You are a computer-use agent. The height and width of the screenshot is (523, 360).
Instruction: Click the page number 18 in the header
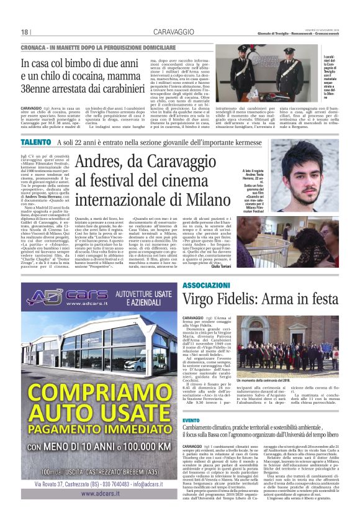click(25, 32)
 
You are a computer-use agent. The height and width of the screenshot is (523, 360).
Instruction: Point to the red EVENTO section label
click(192, 421)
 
